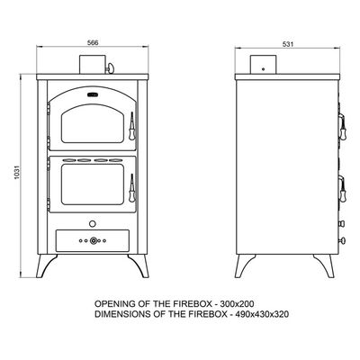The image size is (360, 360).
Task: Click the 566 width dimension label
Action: [x=93, y=43]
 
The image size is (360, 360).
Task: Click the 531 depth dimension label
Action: [x=287, y=44]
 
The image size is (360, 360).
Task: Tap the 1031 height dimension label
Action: [x=17, y=173]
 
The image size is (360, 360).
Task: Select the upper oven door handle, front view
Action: [x=131, y=126]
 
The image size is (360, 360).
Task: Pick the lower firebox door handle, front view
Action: [x=131, y=188]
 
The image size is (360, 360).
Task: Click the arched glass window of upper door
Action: [x=93, y=124]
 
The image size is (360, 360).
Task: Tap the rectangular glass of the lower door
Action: [x=93, y=184]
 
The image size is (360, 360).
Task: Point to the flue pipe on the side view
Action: [x=263, y=64]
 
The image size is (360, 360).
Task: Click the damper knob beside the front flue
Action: [x=110, y=68]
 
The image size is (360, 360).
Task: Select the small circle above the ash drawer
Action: [x=93, y=223]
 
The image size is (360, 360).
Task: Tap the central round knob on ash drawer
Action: [x=94, y=240]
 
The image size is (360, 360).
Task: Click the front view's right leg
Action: [x=139, y=265]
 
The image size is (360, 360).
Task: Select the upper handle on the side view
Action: [x=342, y=127]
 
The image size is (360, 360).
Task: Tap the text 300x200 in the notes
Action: [x=237, y=304]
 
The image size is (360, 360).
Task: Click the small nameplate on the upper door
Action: [x=93, y=95]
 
